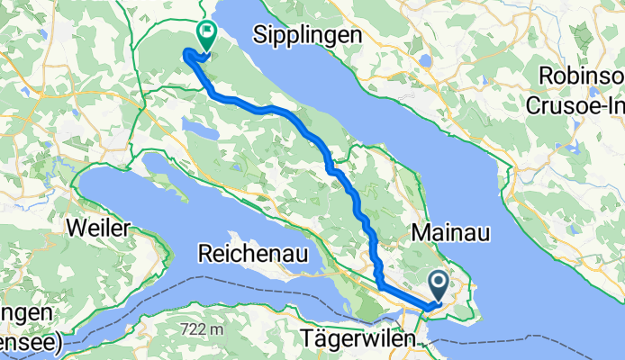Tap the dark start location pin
(439, 287)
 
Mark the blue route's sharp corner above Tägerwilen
(382, 286)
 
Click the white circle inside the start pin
(439, 283)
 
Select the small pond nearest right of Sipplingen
(424, 62)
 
